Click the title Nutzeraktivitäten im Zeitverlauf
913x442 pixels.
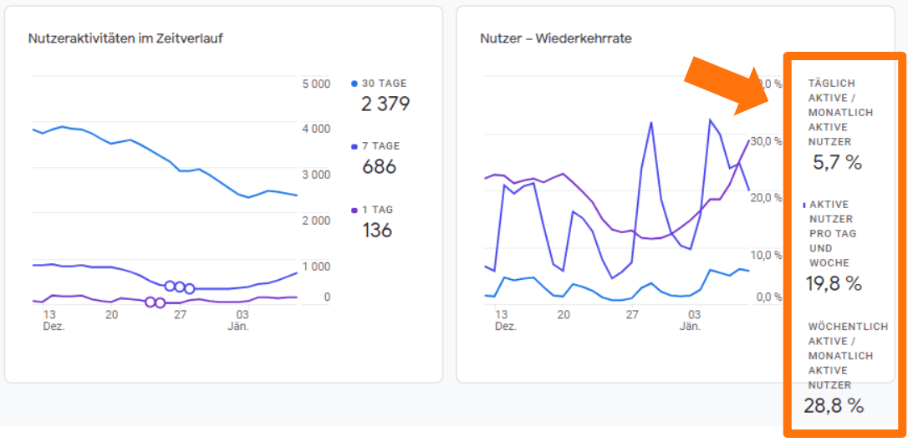[x=125, y=38]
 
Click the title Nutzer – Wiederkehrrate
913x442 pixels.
[x=555, y=38]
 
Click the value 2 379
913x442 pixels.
[x=385, y=104]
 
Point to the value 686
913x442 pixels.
[x=379, y=167]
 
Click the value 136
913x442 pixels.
[x=377, y=231]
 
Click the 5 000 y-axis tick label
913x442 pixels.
[x=316, y=84]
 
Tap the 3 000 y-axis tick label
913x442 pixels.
[x=316, y=175]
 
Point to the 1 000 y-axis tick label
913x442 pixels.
[x=316, y=267]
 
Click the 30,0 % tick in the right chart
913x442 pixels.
[x=765, y=141]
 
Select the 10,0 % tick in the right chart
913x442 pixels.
[x=765, y=255]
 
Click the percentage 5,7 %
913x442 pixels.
[x=837, y=163]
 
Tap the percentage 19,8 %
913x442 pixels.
[x=834, y=284]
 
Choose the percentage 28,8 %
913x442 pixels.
[x=834, y=406]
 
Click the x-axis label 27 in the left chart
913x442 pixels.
[x=180, y=315]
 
